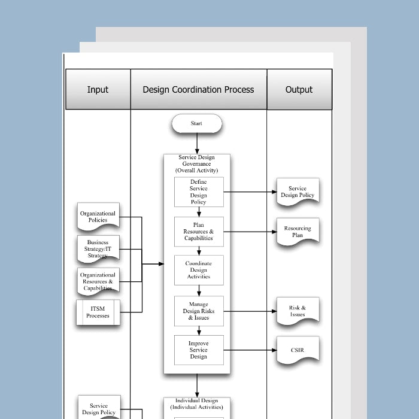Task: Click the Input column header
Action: (98, 90)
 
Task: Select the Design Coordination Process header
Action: (198, 90)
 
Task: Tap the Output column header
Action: (299, 90)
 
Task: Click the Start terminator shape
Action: (196, 124)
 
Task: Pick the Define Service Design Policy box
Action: (199, 192)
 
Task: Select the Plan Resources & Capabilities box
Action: (199, 232)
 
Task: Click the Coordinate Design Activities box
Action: (199, 270)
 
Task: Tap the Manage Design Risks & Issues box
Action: (199, 311)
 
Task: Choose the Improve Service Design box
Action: (199, 350)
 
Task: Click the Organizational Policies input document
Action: (98, 217)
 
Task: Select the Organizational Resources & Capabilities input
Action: (98, 281)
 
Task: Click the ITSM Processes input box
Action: (98, 312)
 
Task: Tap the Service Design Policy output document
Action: (297, 192)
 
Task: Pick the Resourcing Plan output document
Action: (297, 232)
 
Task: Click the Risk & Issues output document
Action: (297, 311)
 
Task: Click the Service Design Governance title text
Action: (196, 164)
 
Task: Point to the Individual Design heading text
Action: (196, 404)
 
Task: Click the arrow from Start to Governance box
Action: (196, 144)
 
